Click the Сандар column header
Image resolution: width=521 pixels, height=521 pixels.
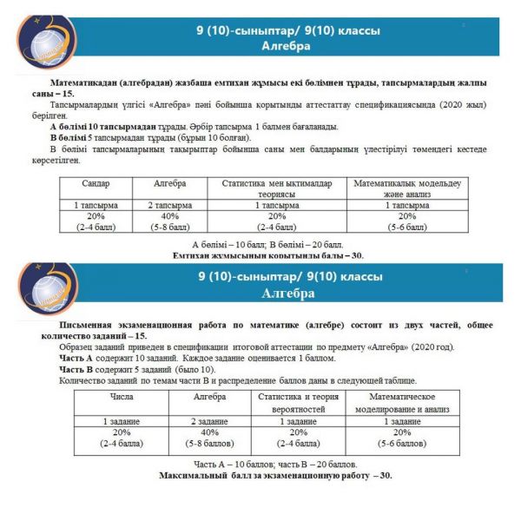tap(96, 184)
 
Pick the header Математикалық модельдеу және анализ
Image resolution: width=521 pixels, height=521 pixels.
tap(407, 189)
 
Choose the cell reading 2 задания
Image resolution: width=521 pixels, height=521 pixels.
tap(208, 420)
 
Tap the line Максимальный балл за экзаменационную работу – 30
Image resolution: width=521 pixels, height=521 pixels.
tap(274, 476)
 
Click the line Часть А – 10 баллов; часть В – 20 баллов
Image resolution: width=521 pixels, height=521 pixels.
tap(274, 464)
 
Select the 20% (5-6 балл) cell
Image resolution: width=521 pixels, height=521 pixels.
tap(407, 221)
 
